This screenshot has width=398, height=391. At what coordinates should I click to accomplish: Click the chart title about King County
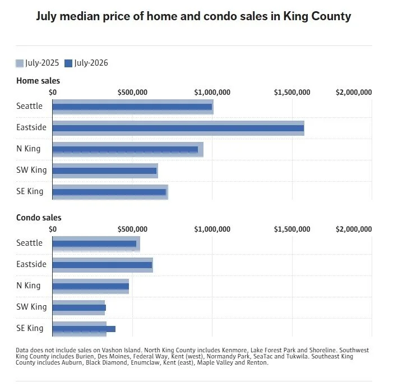(193, 16)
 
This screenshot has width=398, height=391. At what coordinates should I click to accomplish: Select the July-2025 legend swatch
(20, 63)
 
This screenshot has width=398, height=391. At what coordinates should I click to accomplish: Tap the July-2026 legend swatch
(68, 63)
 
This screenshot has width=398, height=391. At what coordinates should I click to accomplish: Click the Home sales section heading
(38, 81)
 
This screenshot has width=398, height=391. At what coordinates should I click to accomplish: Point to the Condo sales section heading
(39, 218)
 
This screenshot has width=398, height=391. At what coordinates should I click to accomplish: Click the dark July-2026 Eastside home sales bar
(178, 128)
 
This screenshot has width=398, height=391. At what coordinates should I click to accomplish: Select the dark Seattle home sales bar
(132, 107)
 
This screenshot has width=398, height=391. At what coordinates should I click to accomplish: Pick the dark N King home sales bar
(125, 149)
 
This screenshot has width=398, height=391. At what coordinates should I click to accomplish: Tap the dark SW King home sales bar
(105, 171)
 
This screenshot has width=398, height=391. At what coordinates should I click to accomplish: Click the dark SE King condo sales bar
(84, 329)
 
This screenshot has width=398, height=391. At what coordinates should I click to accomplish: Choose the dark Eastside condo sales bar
(102, 265)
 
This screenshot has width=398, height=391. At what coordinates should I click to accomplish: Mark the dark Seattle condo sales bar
(94, 243)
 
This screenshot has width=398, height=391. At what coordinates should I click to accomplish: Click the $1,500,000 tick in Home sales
(292, 92)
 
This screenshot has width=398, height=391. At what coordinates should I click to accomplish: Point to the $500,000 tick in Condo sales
(132, 229)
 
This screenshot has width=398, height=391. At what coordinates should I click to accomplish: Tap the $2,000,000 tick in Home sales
(354, 92)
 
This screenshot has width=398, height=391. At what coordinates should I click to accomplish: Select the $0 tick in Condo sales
(53, 229)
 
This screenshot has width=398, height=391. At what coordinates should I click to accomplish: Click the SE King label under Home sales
(30, 191)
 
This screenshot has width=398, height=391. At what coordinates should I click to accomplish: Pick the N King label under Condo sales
(29, 286)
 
